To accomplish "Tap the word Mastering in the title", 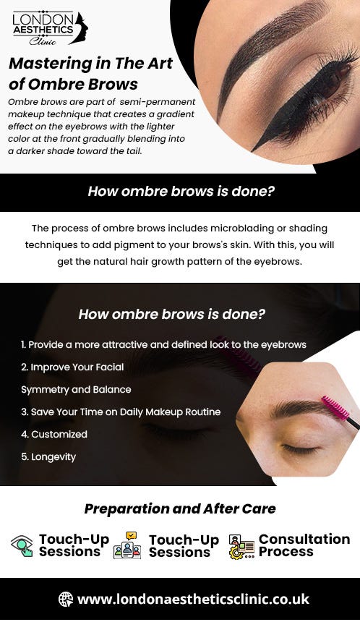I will point(42,63).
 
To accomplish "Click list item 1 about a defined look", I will point(163,345).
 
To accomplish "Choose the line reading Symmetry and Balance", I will point(76,390).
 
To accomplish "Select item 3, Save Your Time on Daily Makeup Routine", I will point(121,412).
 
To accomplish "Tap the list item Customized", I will point(54,435).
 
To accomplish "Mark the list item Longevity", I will point(48,457).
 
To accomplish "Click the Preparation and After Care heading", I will point(180,508).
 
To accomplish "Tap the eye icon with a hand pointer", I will point(22,545).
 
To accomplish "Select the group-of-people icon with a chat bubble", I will point(127,545).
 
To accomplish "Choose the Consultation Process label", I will point(304,545).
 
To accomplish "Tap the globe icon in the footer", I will point(66,599).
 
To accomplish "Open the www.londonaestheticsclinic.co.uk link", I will point(193,599).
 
